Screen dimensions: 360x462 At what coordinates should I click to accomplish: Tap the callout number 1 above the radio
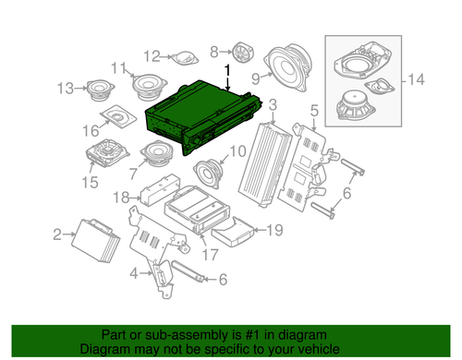[x=228, y=70]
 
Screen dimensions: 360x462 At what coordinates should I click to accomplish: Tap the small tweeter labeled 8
[x=244, y=52]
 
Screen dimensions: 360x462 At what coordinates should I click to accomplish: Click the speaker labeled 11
[x=148, y=87]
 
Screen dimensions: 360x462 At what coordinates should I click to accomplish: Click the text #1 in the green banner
[x=245, y=336]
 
